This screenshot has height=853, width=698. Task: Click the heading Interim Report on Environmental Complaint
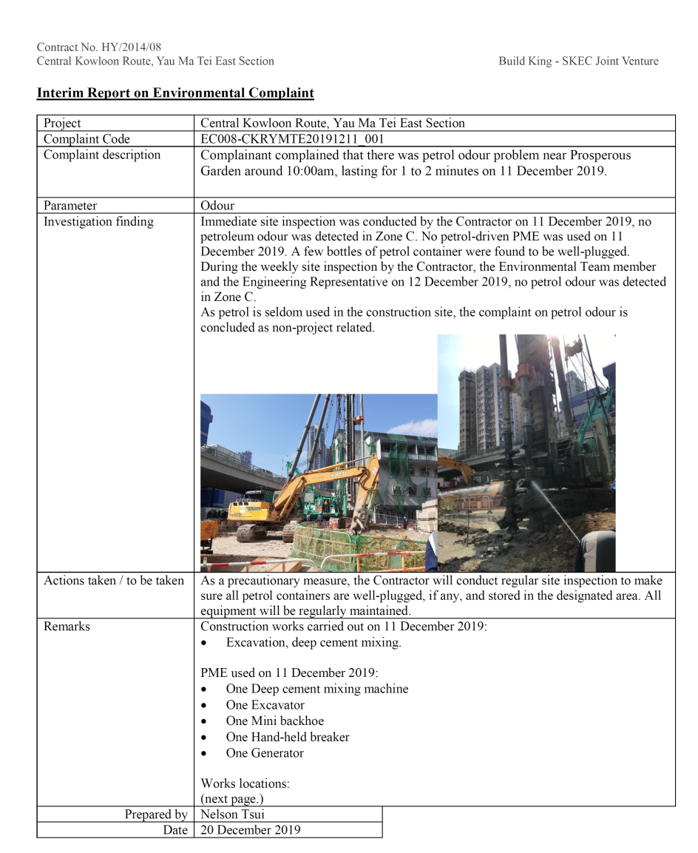tap(175, 93)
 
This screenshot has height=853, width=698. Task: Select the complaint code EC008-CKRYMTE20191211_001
tap(292, 139)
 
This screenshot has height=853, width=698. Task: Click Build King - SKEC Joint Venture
tap(578, 61)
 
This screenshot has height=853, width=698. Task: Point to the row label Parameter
tap(70, 206)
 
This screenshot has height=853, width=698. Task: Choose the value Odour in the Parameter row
tap(217, 206)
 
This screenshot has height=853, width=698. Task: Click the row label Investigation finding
tap(98, 222)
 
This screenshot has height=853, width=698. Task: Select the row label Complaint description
tap(102, 155)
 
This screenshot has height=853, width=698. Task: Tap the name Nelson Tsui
tap(233, 815)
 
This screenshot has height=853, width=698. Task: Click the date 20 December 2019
tap(251, 830)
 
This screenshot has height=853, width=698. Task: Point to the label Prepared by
tap(155, 815)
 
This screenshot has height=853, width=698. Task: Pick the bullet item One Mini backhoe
tap(274, 721)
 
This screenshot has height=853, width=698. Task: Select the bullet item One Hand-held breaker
tap(288, 738)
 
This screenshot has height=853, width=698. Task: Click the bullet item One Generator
tap(265, 753)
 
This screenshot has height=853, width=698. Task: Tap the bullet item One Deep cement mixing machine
tap(316, 690)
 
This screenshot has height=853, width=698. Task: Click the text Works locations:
tap(245, 783)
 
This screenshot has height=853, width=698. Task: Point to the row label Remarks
tap(67, 627)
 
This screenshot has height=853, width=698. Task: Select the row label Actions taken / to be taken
tap(114, 581)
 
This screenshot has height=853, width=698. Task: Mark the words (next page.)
tap(232, 799)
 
